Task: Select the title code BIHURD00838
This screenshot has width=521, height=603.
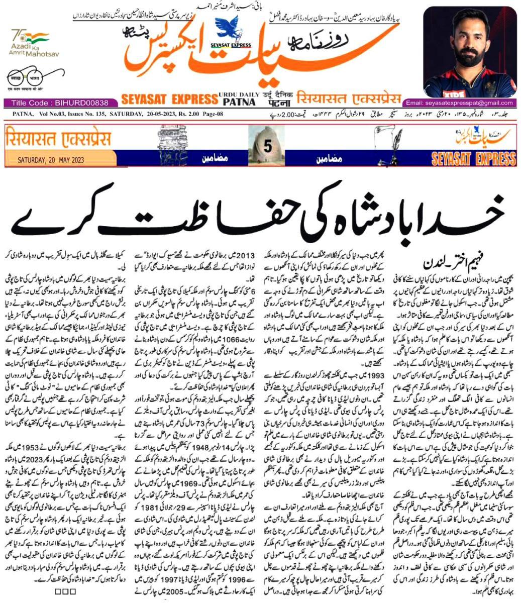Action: coord(60,103)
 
